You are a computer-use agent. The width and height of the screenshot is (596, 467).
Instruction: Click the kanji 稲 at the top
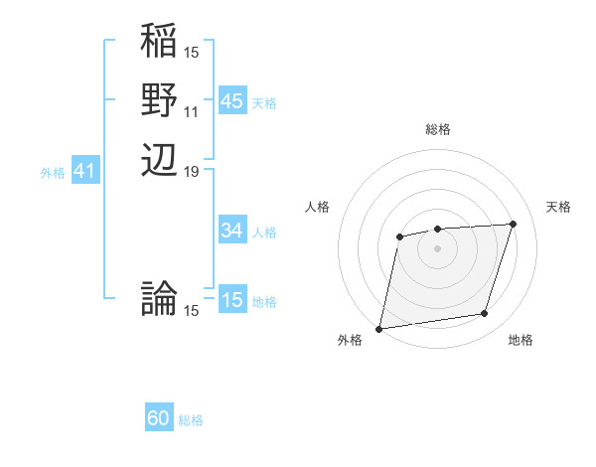[160, 43]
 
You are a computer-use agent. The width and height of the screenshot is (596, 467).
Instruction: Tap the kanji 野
[160, 101]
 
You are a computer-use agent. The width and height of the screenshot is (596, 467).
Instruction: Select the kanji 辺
[160, 160]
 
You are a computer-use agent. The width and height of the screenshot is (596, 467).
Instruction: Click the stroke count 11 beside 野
[192, 112]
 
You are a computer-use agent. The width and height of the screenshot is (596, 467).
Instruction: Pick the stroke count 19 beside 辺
[192, 171]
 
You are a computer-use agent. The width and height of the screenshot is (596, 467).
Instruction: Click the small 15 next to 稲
[192, 53]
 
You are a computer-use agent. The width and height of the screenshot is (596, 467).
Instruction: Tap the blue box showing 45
[231, 101]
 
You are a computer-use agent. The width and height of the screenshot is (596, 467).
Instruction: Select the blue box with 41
[84, 172]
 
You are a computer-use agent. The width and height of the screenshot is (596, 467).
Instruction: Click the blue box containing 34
[231, 231]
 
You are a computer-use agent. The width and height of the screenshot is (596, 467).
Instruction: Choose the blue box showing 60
[159, 419]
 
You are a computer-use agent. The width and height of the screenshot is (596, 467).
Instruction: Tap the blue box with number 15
[231, 300]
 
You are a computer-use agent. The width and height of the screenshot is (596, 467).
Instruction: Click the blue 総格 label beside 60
[191, 421]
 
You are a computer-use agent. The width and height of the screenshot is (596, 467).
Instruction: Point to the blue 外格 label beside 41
[53, 173]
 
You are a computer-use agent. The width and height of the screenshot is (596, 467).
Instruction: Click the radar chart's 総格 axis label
[437, 129]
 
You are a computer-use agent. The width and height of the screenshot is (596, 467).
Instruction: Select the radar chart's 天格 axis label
[558, 207]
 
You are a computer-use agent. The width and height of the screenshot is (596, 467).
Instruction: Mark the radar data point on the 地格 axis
[485, 314]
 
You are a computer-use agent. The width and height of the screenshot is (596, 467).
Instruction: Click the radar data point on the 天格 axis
[514, 224]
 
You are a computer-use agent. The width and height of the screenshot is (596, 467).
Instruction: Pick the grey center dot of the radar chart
[437, 247]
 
